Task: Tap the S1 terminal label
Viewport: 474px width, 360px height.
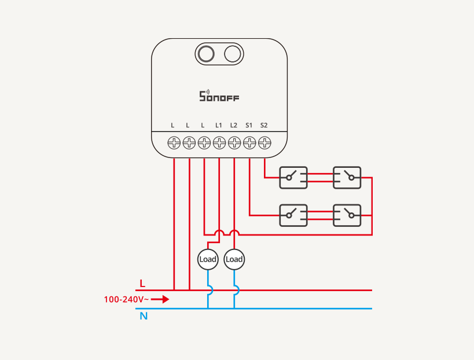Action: click(x=249, y=125)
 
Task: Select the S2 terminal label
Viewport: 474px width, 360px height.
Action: click(x=264, y=125)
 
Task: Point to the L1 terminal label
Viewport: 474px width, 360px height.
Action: click(x=219, y=125)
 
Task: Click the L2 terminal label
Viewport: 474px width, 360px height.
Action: click(x=234, y=125)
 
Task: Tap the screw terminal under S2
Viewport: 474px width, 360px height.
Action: click(x=264, y=142)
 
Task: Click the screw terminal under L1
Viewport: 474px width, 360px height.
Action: click(x=219, y=142)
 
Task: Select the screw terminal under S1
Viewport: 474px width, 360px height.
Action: click(x=249, y=142)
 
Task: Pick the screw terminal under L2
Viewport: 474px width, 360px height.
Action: click(x=234, y=142)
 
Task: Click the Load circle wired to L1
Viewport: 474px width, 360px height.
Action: click(x=207, y=259)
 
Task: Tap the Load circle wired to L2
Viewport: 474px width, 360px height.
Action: click(x=234, y=259)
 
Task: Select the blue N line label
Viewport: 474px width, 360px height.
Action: click(x=143, y=317)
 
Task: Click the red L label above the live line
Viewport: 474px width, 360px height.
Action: click(x=142, y=284)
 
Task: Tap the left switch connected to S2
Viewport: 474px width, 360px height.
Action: click(x=293, y=178)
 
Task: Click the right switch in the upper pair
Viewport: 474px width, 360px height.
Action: click(x=347, y=178)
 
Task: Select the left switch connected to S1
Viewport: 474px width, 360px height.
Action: click(x=293, y=215)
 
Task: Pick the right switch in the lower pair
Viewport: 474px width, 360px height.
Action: click(x=347, y=215)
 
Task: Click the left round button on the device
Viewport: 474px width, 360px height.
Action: click(x=205, y=54)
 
